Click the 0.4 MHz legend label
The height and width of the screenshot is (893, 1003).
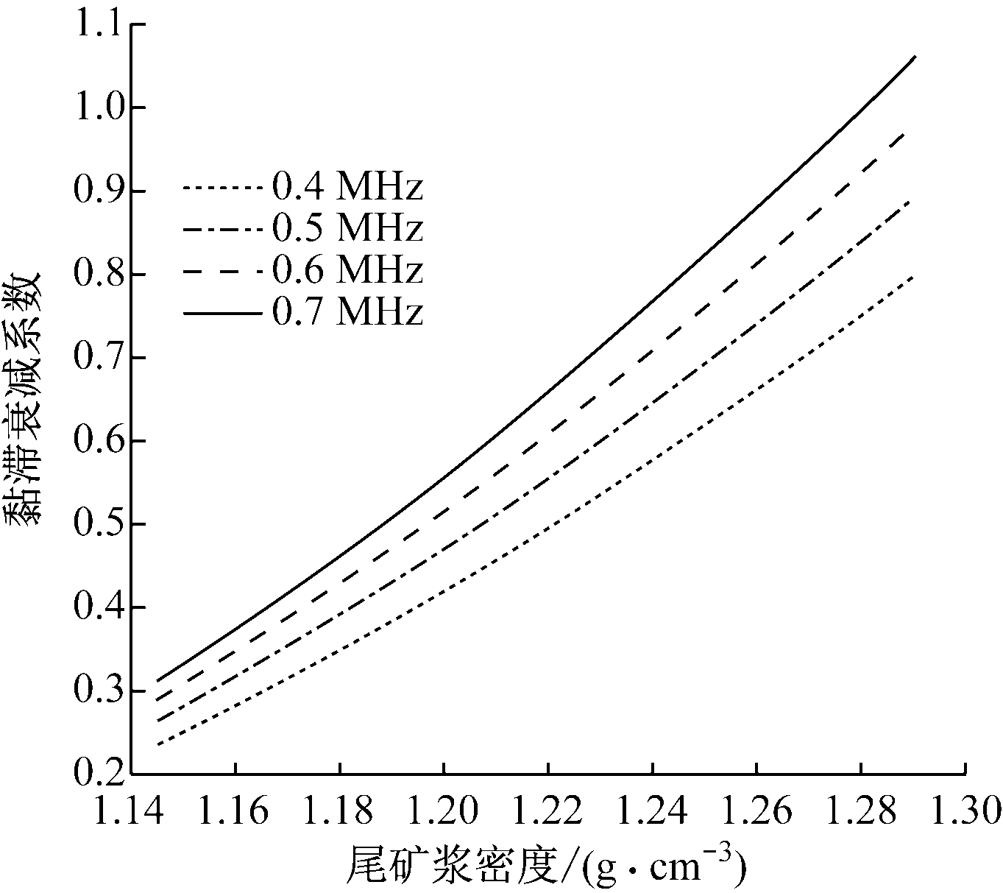point(347,188)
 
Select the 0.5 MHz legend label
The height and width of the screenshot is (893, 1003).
point(347,229)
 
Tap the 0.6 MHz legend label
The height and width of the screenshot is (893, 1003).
point(347,271)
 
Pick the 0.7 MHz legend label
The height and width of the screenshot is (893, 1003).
point(347,313)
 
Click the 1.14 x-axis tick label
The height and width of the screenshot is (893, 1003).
point(131,811)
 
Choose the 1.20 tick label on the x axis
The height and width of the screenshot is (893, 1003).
point(443,811)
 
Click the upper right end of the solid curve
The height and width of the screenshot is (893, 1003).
point(915,56)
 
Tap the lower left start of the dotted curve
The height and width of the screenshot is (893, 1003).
point(157,745)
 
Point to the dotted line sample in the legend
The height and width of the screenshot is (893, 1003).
point(222,188)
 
